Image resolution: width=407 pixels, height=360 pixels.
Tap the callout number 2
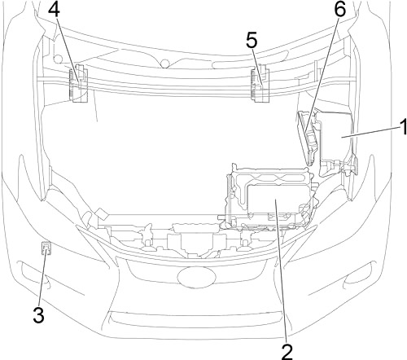(287, 352)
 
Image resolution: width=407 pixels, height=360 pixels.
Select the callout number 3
(38, 314)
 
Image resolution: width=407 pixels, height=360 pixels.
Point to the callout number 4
(54, 10)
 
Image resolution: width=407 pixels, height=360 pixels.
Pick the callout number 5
(252, 41)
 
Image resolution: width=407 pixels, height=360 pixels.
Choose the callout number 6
(339, 9)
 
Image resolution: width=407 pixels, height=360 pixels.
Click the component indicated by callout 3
(46, 248)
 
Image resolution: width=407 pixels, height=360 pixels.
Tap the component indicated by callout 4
(79, 83)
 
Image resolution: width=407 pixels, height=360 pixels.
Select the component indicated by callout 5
(260, 83)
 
